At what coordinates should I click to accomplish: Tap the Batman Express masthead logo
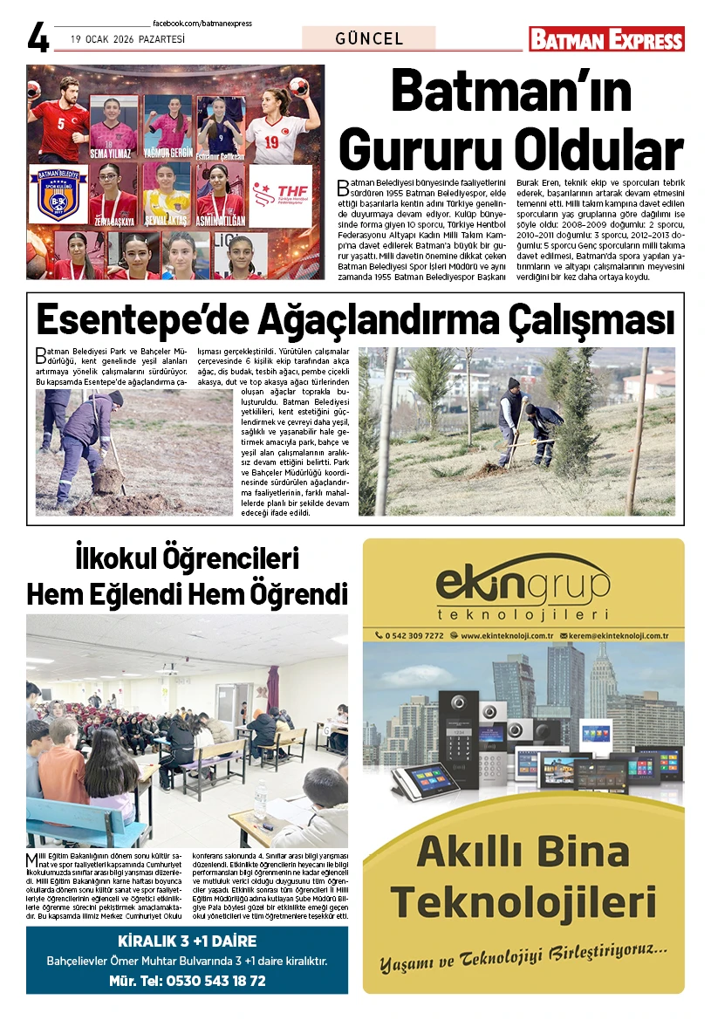coord(606,39)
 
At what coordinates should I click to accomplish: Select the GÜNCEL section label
coord(369,38)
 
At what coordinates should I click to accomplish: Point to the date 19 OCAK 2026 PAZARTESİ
coord(128,39)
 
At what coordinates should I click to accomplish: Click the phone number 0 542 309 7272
coord(414,635)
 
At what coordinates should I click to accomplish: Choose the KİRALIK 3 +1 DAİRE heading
coord(187,941)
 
